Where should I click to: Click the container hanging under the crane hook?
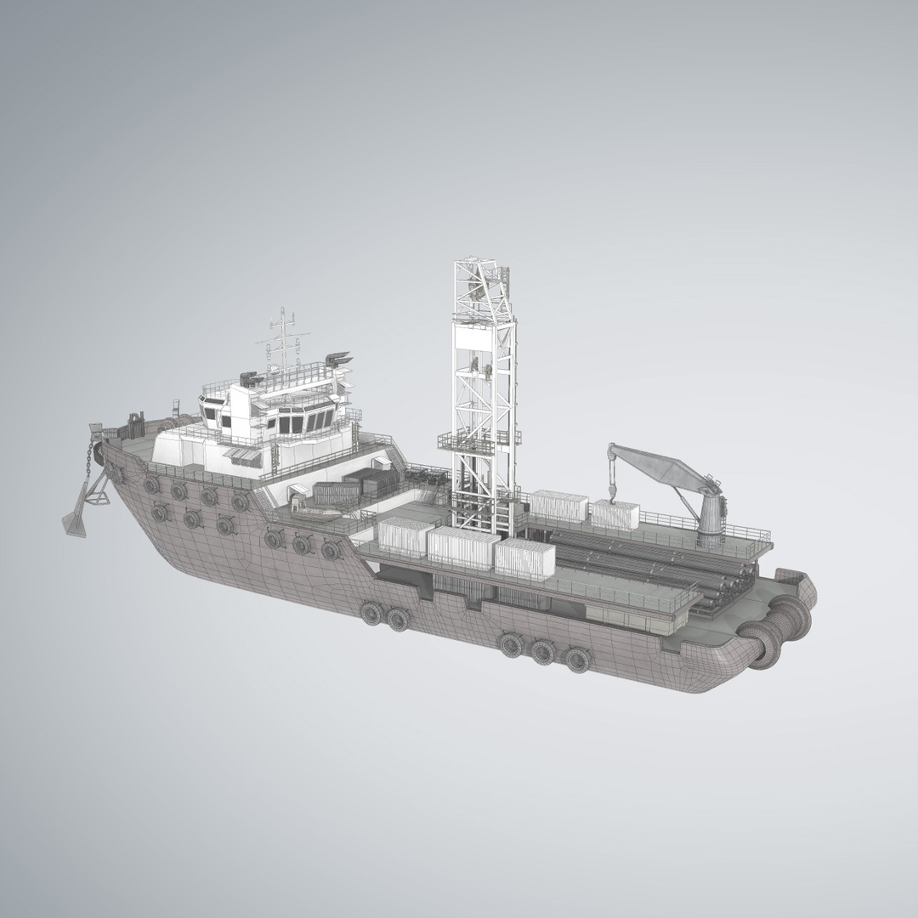click(x=615, y=515)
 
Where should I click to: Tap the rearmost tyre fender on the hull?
click(x=577, y=657)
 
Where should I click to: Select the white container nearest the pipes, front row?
click(x=524, y=560)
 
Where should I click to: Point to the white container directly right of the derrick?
click(x=561, y=507)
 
